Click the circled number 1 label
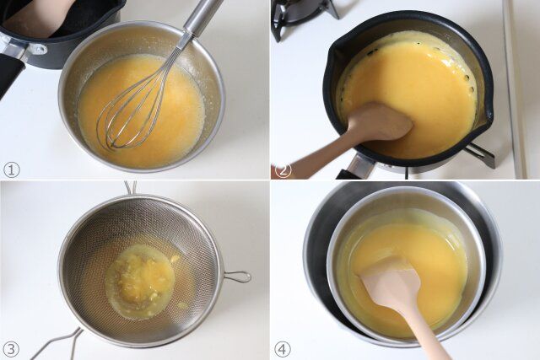click(x=11, y=170)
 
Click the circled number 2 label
click(x=283, y=170)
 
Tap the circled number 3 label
click(x=11, y=349)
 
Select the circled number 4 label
click(x=283, y=350)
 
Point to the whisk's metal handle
click(x=202, y=16)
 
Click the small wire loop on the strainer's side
click(x=238, y=277)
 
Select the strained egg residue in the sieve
click(x=141, y=276)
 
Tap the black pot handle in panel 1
click(x=9, y=74)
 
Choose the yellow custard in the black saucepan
click(x=413, y=86)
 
